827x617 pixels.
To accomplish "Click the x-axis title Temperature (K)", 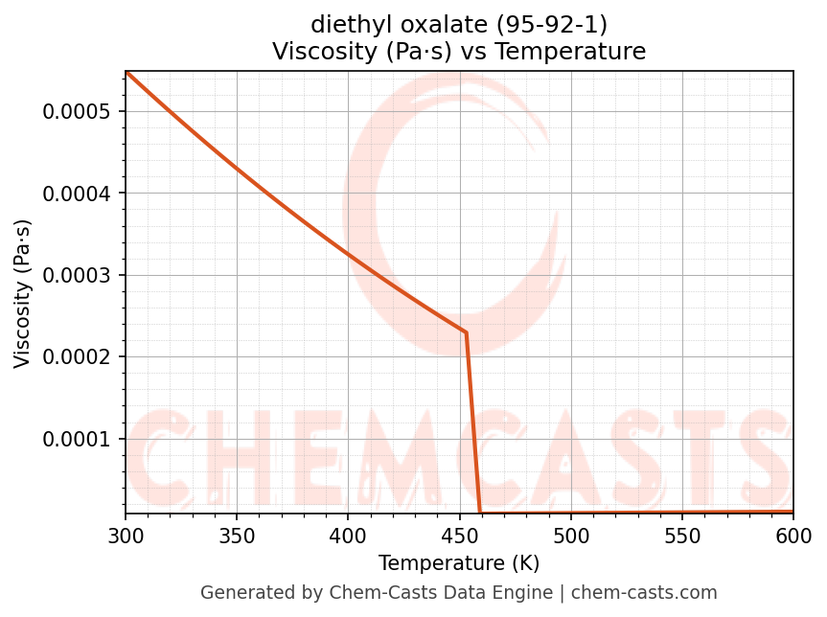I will pyautogui.click(x=459, y=562).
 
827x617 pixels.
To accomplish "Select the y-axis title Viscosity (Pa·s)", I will pyautogui.click(x=23, y=293).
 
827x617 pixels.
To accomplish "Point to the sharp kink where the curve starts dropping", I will pyautogui.click(x=466, y=332).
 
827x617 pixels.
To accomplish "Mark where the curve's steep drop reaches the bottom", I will pyautogui.click(x=480, y=513).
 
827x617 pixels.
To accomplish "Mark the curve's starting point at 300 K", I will pyautogui.click(x=126, y=72).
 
